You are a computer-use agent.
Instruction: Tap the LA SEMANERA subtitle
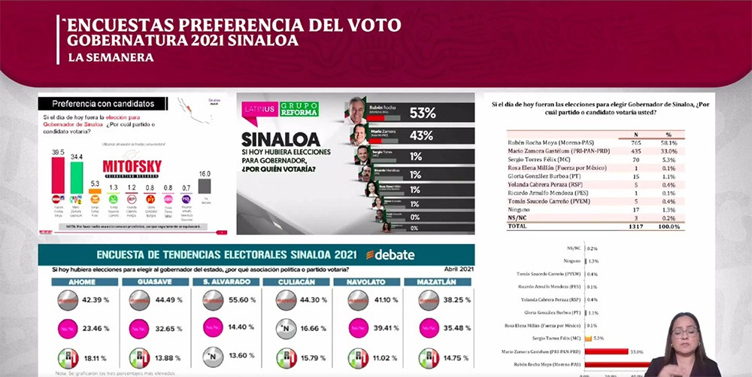(111, 57)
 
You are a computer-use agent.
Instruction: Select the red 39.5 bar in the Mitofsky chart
(58, 175)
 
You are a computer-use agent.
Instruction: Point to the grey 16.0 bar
(205, 186)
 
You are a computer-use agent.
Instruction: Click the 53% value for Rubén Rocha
(423, 113)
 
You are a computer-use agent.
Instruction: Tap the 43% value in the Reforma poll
(422, 135)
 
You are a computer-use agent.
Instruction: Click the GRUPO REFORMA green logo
(299, 109)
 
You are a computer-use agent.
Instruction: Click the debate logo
(390, 254)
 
